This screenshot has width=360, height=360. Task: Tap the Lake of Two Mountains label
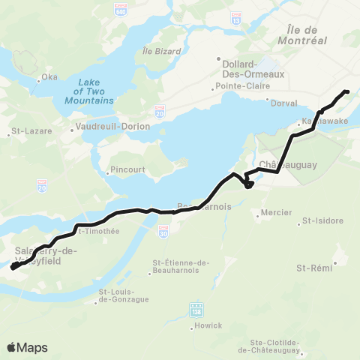(89, 91)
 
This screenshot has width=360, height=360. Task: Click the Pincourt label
(127, 169)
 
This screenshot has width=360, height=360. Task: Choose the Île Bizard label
(157, 51)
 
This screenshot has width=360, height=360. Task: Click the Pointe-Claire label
(237, 87)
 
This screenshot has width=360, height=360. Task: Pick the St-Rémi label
(314, 267)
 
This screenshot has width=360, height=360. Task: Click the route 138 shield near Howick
(197, 308)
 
